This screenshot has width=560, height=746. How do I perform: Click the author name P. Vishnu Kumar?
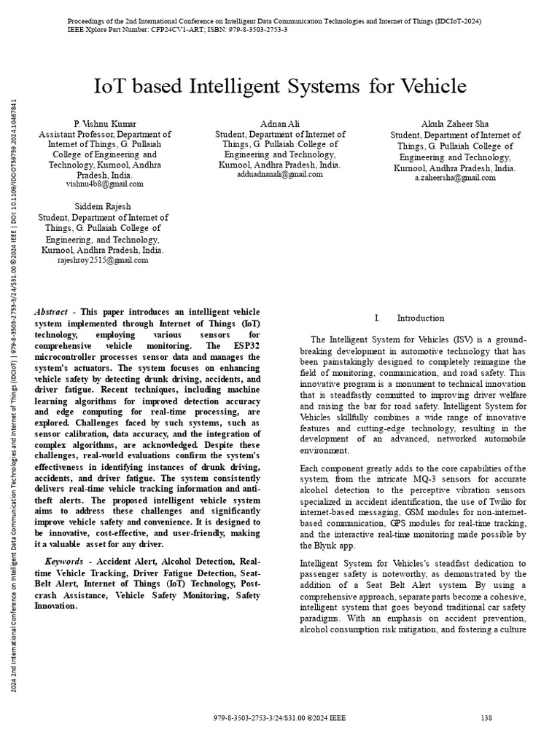pyautogui.click(x=105, y=124)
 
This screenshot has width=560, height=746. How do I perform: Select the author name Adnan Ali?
pyautogui.click(x=280, y=124)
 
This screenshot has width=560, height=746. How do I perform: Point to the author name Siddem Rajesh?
pyautogui.click(x=102, y=207)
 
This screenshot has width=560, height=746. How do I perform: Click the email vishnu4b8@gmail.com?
pyautogui.click(x=105, y=184)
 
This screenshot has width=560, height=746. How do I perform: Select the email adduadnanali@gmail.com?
pyautogui.click(x=280, y=175)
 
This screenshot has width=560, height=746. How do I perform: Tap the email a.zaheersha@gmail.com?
pyautogui.click(x=455, y=178)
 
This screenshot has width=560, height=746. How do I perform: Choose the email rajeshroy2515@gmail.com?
pyautogui.click(x=102, y=260)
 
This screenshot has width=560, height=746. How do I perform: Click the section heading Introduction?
pyautogui.click(x=421, y=318)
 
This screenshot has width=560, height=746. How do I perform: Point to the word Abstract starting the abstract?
pyautogui.click(x=51, y=312)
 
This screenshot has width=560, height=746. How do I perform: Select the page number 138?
pyautogui.click(x=487, y=718)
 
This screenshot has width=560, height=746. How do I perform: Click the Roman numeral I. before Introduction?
pyautogui.click(x=377, y=318)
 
